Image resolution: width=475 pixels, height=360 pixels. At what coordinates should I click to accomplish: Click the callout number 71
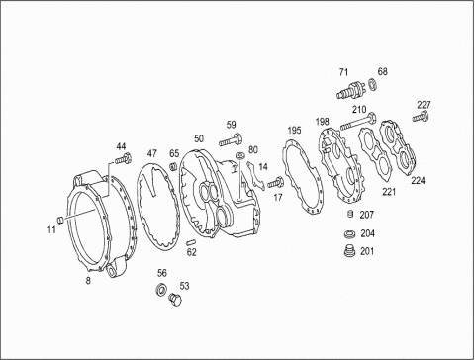pos(343,72)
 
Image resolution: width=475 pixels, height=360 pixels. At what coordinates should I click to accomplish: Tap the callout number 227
pos(424,105)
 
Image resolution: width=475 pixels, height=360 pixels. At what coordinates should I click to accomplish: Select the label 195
pos(294,130)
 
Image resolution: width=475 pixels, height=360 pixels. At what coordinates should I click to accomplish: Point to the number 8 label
pos(88,281)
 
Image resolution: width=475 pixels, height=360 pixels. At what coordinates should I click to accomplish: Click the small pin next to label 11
pos(60,220)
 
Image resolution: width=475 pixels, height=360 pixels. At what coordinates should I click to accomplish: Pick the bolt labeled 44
pos(124,158)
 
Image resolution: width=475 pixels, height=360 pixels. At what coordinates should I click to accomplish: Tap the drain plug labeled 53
pos(175,299)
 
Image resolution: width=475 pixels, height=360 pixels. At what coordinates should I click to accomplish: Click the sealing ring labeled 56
pos(161,289)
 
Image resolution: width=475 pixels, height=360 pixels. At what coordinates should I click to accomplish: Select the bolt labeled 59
pos(231,139)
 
